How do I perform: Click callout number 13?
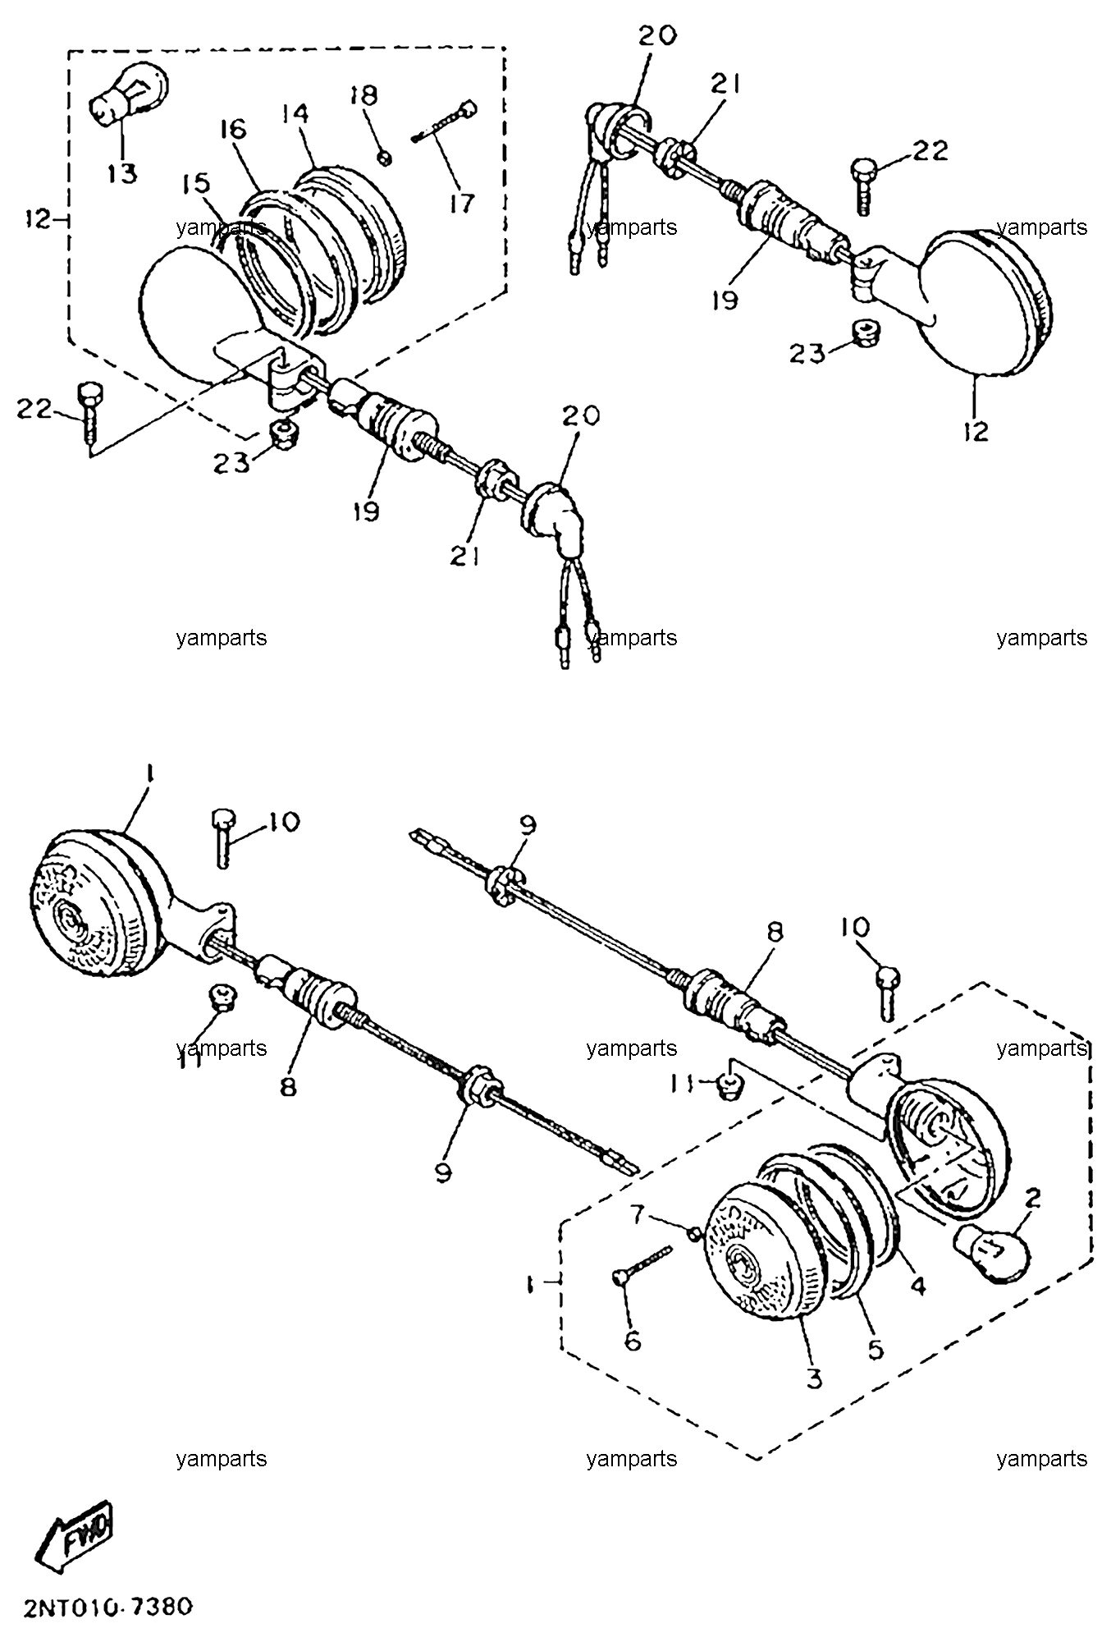[x=122, y=173]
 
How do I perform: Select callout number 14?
[x=296, y=113]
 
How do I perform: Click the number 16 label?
[x=232, y=130]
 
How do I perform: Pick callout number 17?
[x=462, y=203]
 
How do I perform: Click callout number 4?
[x=917, y=1285]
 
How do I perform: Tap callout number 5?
[x=876, y=1349]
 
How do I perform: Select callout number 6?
[x=633, y=1341]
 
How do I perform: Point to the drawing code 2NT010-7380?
[x=103, y=1605]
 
